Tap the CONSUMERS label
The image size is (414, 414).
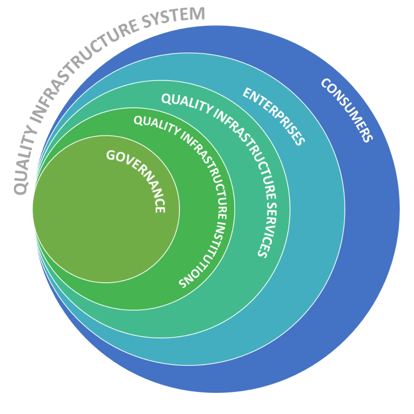(347, 110)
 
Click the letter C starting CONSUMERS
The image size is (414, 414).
(326, 83)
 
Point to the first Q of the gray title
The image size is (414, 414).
(19, 187)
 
